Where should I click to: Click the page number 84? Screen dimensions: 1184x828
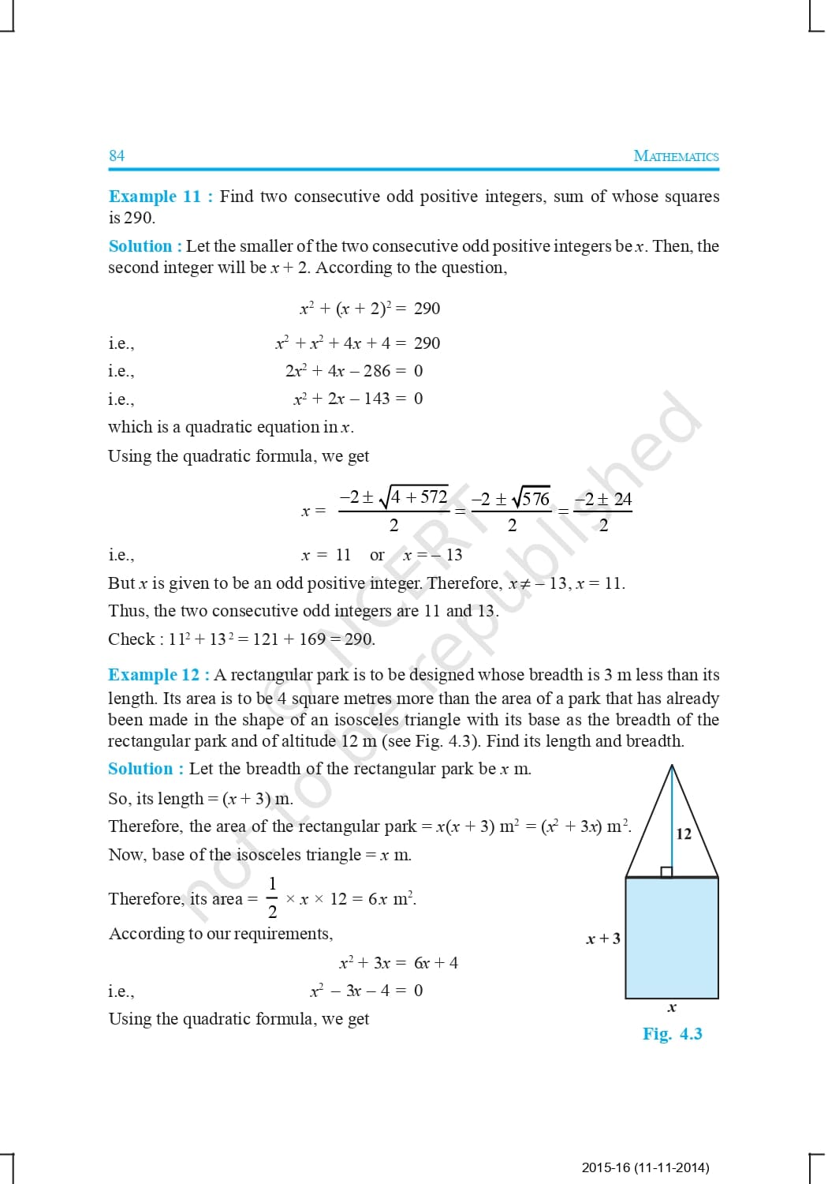(117, 155)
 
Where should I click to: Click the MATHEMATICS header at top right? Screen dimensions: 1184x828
(676, 156)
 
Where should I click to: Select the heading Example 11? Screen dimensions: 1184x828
(155, 197)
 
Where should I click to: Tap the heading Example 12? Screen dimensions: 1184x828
(154, 675)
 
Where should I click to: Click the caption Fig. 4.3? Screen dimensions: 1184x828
(672, 1034)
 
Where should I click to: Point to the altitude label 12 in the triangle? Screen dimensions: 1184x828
(684, 834)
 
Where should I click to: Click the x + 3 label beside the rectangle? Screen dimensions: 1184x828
(603, 939)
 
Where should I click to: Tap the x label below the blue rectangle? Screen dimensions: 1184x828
(672, 1007)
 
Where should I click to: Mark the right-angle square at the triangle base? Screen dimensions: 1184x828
(666, 871)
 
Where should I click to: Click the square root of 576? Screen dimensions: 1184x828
(531, 499)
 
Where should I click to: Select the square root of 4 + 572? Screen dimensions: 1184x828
(414, 496)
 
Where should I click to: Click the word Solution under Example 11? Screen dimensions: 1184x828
(140, 246)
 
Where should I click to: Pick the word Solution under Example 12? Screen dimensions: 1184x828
(140, 769)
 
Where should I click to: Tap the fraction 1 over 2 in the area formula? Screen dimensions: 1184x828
(272, 897)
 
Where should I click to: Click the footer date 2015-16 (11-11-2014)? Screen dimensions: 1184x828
(645, 1167)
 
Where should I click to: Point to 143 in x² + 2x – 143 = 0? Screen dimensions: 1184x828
(377, 399)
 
